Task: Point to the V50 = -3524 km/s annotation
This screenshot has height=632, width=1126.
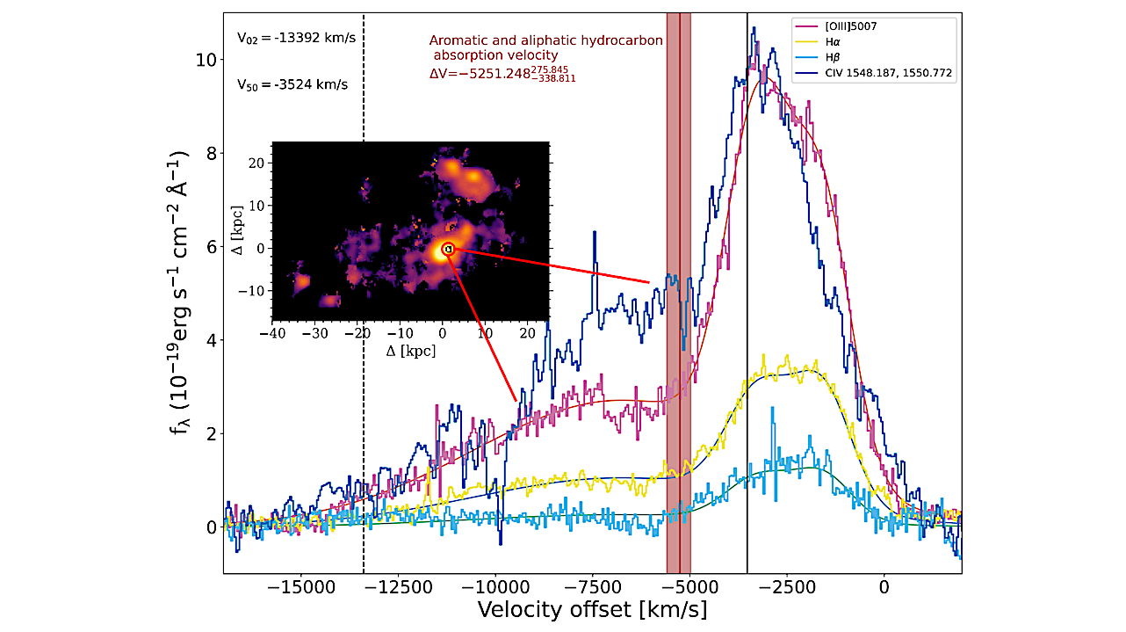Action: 292,85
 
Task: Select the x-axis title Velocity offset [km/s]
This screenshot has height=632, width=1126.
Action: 592,609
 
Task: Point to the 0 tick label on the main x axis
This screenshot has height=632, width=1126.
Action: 884,586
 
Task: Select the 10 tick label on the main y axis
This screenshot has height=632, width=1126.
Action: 206,60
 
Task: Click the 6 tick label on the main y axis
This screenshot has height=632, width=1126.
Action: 210,247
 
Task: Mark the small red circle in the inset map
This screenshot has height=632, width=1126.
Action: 448,249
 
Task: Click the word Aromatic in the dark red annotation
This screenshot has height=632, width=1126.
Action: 458,40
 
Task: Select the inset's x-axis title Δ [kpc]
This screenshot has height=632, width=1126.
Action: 411,351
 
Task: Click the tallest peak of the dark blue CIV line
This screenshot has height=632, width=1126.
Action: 753,28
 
